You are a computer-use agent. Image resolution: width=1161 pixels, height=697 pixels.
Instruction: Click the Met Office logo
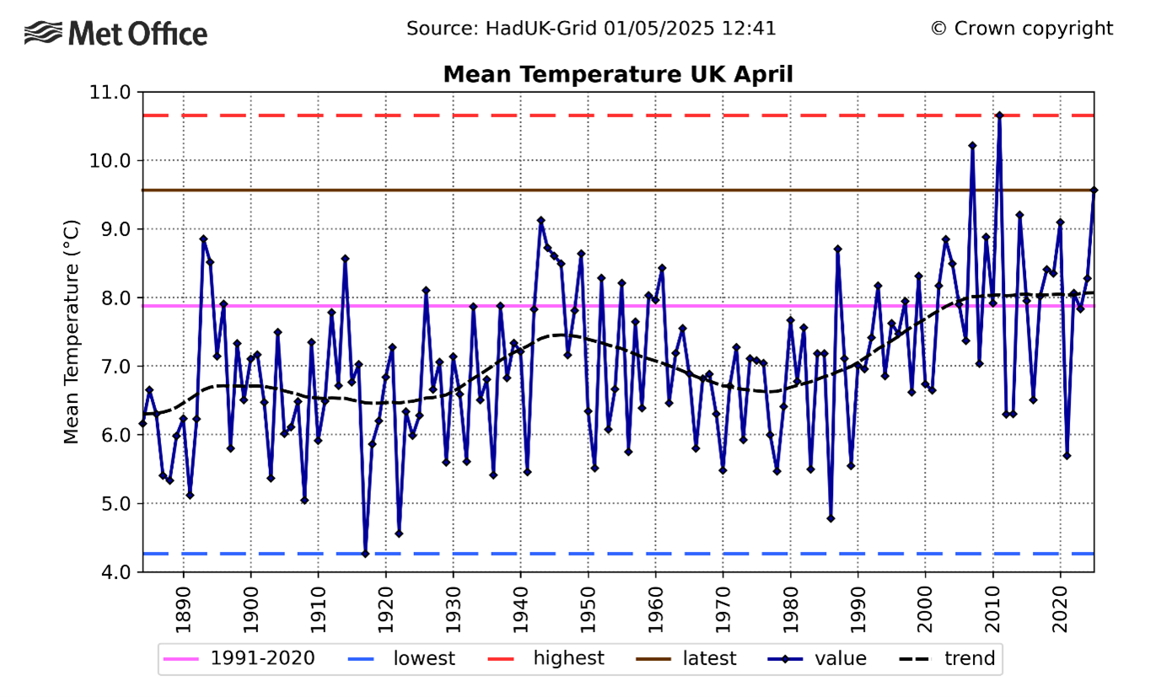[116, 34]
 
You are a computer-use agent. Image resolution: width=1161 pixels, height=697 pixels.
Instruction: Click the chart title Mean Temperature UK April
[618, 74]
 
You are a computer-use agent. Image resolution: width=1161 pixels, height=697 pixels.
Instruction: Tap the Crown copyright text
[1021, 29]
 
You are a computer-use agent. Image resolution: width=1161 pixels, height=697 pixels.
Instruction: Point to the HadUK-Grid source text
[590, 29]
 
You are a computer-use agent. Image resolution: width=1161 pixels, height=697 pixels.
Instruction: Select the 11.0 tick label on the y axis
[111, 92]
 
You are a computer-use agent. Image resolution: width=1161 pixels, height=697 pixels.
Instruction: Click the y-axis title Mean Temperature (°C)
[72, 331]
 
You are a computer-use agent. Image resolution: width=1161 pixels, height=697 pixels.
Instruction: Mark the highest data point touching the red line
[999, 115]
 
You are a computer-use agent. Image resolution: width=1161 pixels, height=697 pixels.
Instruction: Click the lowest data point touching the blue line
[365, 554]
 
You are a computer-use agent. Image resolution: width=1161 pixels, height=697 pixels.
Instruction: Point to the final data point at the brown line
[1094, 190]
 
